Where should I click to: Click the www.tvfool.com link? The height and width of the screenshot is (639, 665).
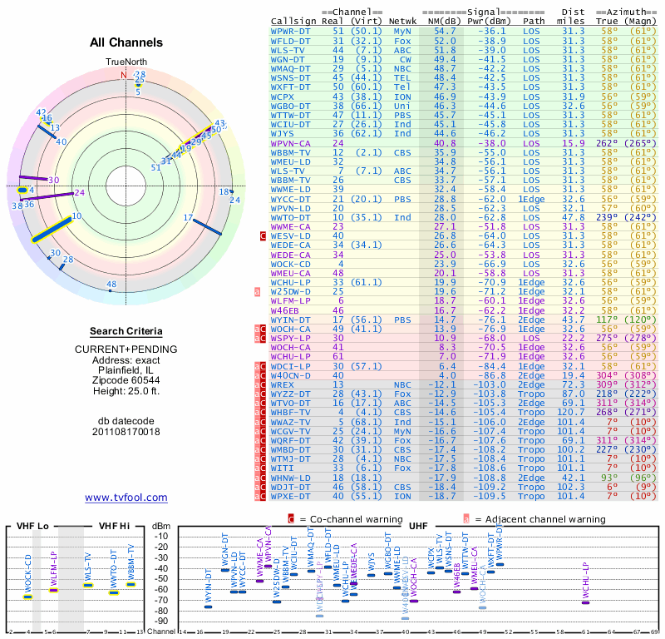click(x=126, y=498)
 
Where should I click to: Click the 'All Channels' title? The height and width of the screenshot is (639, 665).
click(x=126, y=42)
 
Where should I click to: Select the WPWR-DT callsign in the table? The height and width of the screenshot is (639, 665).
click(x=292, y=30)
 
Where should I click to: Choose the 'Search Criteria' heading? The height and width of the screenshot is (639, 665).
click(x=126, y=331)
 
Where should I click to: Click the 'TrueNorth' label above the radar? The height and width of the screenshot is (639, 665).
click(x=126, y=62)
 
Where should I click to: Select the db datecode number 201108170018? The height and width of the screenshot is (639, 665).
click(x=126, y=432)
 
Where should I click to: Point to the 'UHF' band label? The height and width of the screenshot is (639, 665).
click(x=420, y=526)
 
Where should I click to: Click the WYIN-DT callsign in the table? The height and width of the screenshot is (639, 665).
click(x=292, y=319)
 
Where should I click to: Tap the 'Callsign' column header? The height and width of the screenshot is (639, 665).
click(x=293, y=20)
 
